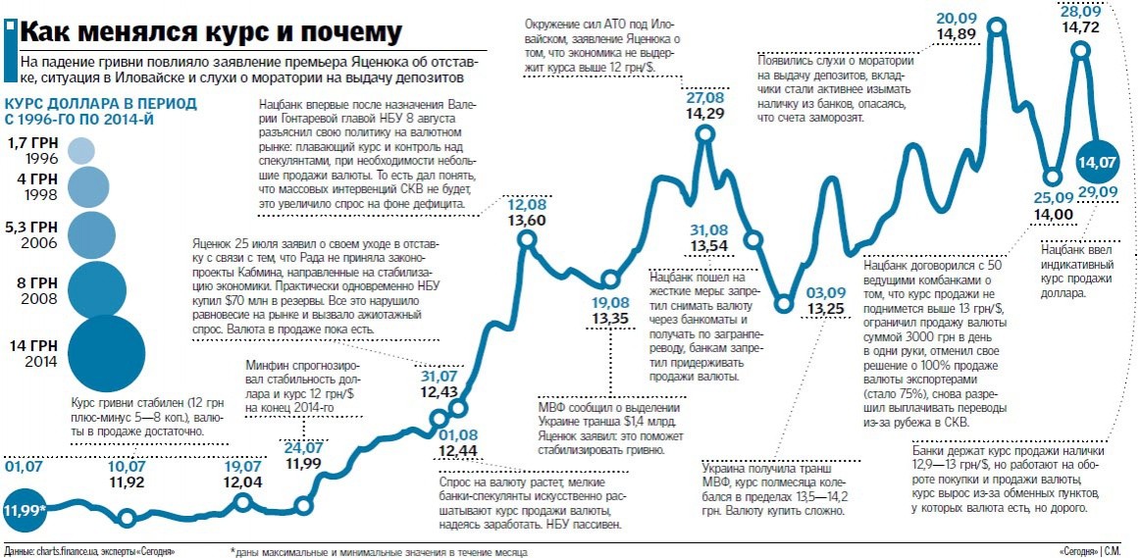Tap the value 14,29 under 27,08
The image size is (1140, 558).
pos(705,114)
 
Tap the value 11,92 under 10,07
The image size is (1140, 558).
pos(128,482)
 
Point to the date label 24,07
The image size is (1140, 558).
pos(303,448)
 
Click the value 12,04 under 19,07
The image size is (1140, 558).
pos(243,482)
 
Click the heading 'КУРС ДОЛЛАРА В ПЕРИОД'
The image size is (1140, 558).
pos(102,103)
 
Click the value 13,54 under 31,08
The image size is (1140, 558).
pos(709,245)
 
